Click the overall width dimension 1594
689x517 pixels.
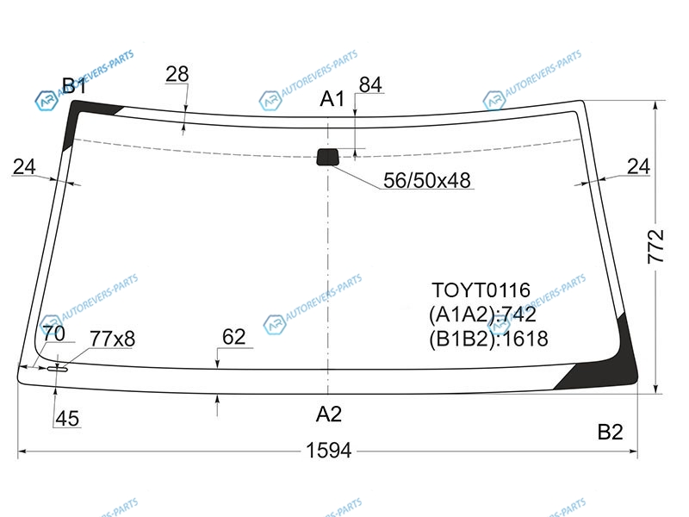click(x=329, y=451)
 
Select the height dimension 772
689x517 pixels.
click(x=655, y=246)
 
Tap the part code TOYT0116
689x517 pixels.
click(x=481, y=290)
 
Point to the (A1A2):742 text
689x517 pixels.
click(x=482, y=315)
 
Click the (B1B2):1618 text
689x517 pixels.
click(x=488, y=339)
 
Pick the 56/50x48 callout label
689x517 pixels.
click(x=426, y=180)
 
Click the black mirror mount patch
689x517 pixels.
click(x=328, y=157)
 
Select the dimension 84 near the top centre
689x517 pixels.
click(x=370, y=84)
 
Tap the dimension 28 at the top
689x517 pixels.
click(x=177, y=74)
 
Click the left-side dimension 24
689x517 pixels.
click(x=24, y=166)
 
